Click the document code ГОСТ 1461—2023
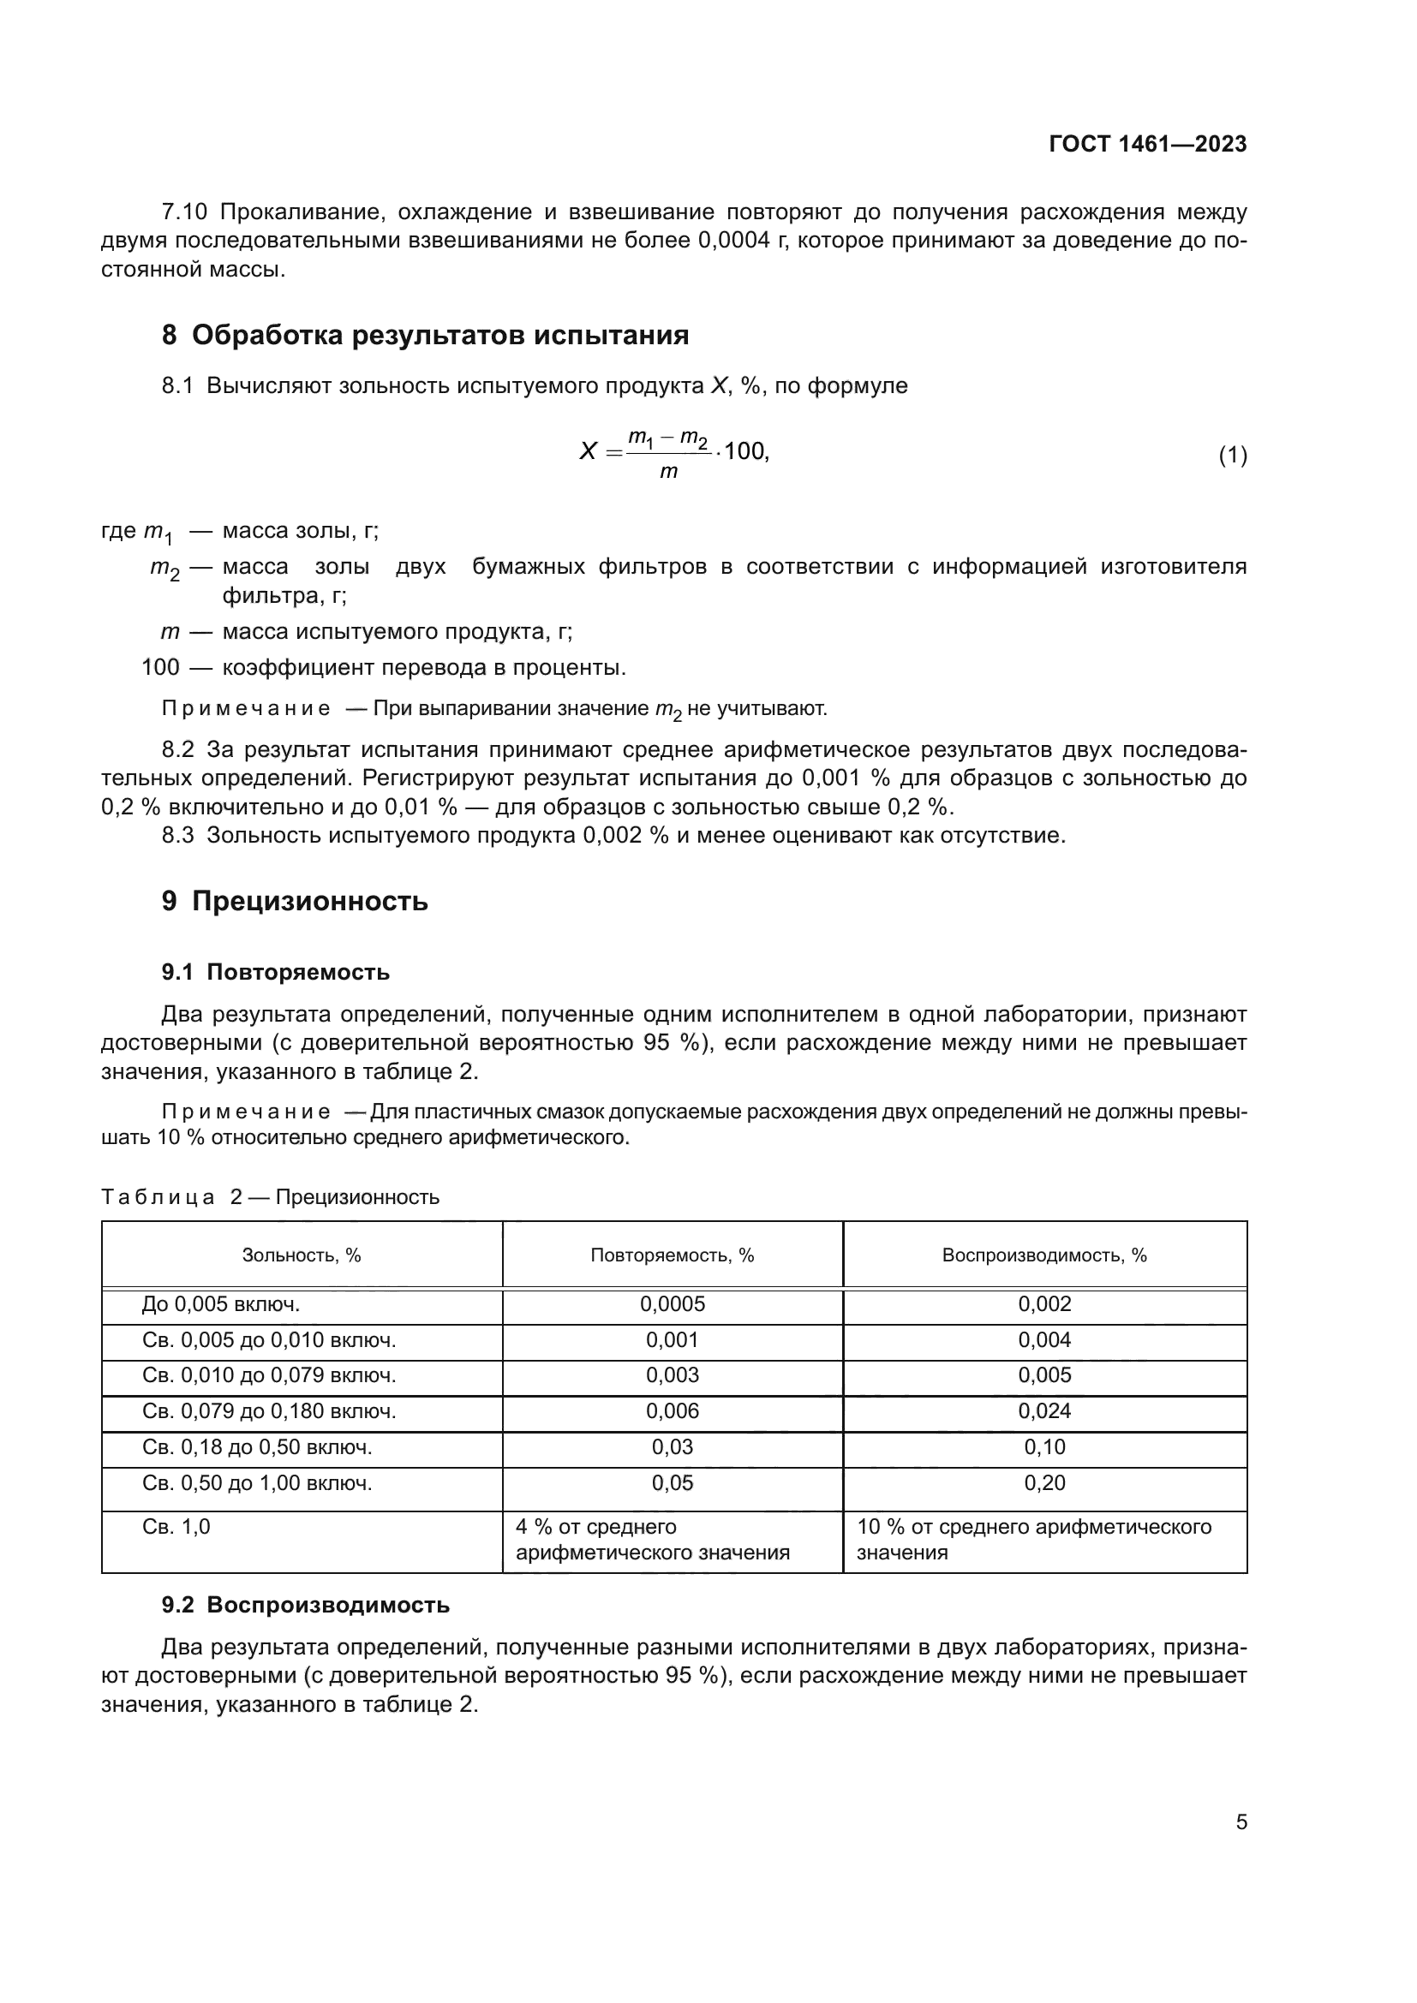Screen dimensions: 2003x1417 pos(1147,144)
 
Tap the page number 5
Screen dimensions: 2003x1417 pos(1241,1821)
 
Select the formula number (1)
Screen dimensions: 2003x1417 pos(1232,455)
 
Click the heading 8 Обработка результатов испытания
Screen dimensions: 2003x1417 pos(425,335)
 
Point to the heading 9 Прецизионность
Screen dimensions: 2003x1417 pos(295,901)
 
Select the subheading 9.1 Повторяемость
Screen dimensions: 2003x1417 pos(276,972)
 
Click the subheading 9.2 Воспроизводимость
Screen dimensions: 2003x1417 pos(305,1604)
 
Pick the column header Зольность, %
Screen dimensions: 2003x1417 pos(301,1255)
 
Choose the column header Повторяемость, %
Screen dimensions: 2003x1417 pos(672,1255)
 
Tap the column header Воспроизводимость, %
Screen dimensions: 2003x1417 pos(1043,1255)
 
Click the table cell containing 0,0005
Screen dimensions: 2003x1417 pos(672,1304)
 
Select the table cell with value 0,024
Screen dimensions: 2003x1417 pos(1043,1410)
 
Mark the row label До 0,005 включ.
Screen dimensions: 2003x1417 pos(221,1304)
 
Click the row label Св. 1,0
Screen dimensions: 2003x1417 pos(176,1527)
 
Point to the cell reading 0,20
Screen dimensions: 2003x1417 pos(1043,1482)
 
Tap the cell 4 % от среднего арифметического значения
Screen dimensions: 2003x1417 pos(653,1540)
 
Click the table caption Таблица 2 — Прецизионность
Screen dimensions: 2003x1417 pos(270,1197)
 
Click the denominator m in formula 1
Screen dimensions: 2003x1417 pos(668,473)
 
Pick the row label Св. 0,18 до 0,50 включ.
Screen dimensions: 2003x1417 pos(256,1446)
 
